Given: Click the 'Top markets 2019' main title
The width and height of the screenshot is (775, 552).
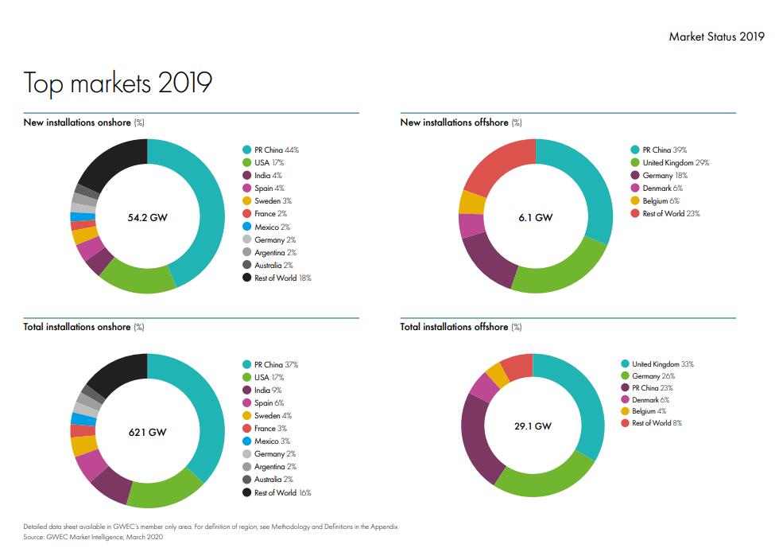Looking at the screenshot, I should pos(118,83).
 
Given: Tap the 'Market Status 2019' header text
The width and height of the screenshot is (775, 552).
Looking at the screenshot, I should pos(716,37).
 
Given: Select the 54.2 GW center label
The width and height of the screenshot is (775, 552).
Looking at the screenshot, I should pos(147,217).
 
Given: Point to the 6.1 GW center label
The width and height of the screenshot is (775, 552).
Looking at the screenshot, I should pos(535,217).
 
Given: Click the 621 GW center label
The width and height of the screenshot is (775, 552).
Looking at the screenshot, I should pos(147,433).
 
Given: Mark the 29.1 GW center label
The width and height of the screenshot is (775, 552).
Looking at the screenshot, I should pos(533,426).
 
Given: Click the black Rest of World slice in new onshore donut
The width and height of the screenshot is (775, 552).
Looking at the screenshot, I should pos(111,164).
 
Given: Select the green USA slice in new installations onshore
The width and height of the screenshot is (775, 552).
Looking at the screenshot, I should pos(137,278).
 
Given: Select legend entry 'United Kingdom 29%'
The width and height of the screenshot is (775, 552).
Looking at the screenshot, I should pos(669,162).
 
